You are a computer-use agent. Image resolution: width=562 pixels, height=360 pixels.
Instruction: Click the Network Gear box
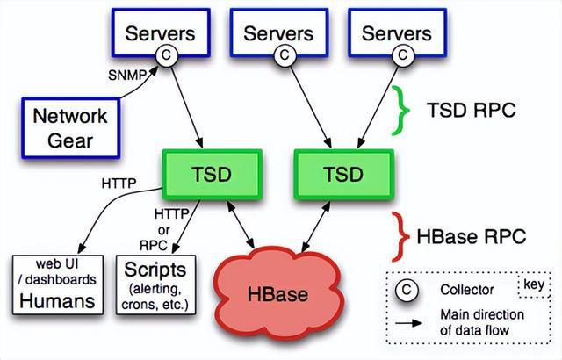tap(69, 128)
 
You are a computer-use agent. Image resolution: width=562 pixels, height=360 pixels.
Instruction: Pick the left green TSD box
tap(212, 172)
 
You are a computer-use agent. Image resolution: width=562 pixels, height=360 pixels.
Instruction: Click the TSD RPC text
tap(470, 112)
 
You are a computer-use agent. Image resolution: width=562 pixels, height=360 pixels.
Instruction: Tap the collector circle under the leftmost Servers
tap(166, 55)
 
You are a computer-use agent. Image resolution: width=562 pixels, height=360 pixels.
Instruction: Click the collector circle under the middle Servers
tap(284, 55)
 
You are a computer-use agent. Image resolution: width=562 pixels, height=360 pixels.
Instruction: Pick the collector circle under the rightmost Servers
tap(402, 55)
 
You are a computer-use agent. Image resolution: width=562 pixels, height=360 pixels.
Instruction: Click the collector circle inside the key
tap(408, 289)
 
